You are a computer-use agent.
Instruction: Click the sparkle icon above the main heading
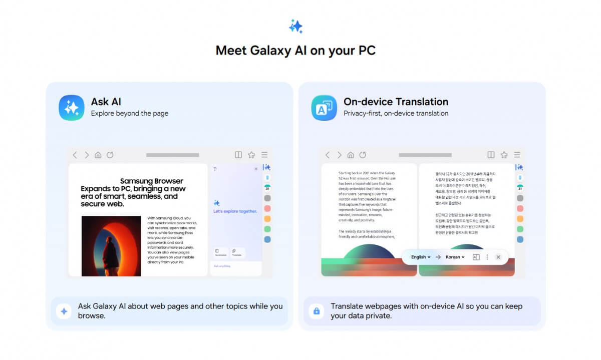(295, 26)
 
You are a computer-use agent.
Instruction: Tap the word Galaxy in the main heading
(272, 51)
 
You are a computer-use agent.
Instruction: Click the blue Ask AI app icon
(72, 108)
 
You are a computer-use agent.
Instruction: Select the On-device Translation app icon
(324, 108)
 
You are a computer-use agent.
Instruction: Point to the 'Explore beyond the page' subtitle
(129, 114)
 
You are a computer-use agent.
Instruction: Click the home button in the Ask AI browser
(98, 155)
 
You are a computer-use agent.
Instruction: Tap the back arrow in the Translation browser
(328, 155)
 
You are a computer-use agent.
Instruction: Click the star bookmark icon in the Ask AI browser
(251, 155)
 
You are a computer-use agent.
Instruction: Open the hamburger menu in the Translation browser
(517, 155)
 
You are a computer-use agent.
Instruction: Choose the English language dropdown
(421, 257)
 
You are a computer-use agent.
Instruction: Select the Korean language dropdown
(455, 257)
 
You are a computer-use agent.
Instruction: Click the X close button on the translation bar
(498, 257)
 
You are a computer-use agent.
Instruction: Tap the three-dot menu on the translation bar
(487, 257)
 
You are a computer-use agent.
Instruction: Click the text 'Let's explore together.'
(235, 211)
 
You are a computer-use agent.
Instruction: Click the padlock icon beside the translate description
(316, 311)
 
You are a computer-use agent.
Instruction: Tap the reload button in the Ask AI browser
(110, 155)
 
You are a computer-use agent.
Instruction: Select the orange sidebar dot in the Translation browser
(520, 219)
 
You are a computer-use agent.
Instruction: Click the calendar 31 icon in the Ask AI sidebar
(267, 188)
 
